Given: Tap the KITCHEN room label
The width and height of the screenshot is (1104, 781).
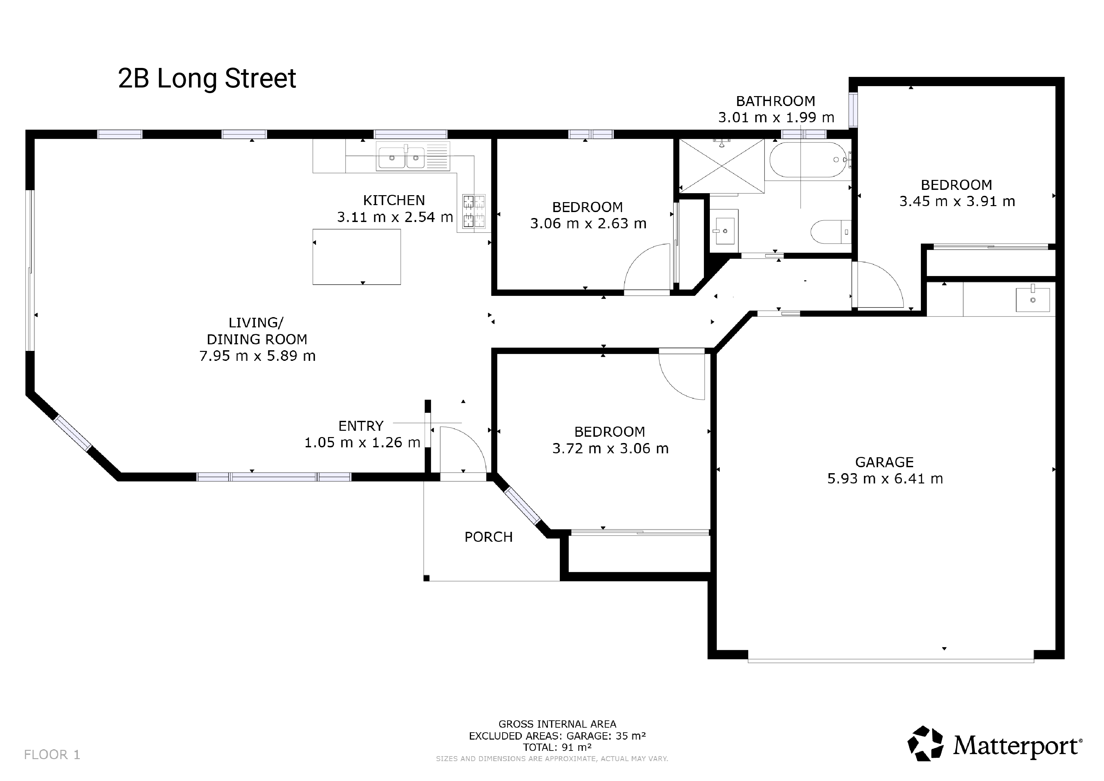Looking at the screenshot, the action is [394, 200].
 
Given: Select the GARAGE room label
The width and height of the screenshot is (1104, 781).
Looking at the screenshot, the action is [884, 462].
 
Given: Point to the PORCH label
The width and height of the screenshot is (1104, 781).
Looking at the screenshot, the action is [489, 537].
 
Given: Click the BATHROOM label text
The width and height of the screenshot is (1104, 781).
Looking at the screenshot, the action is [776, 101].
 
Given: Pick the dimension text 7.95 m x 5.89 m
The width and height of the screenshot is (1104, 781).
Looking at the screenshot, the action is [257, 356].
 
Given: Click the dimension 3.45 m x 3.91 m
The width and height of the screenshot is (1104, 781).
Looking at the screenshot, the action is [957, 201].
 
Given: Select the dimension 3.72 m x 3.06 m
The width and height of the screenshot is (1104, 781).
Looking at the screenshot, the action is [610, 448].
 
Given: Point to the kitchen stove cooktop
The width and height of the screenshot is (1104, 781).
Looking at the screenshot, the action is [474, 211].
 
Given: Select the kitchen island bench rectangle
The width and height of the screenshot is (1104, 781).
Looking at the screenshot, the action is [357, 257].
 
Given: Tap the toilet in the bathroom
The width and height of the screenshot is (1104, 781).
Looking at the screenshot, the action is [830, 232].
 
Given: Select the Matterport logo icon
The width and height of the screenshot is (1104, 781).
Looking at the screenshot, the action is [925, 744].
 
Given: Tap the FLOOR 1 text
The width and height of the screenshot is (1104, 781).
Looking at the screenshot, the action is [52, 755].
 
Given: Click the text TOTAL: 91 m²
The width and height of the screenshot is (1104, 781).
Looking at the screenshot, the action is [557, 747].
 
